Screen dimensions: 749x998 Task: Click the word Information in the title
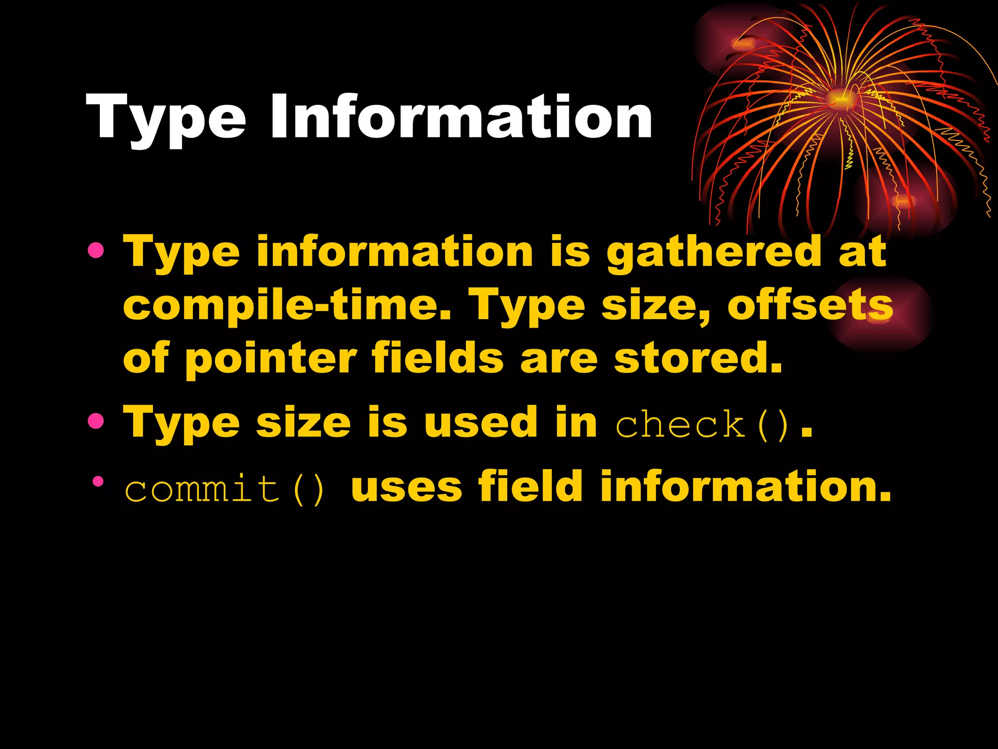click(461, 118)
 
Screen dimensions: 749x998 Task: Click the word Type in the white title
click(166, 119)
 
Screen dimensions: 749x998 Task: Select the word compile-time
click(288, 305)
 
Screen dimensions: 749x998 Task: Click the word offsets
click(810, 305)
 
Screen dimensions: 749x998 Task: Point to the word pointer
click(271, 359)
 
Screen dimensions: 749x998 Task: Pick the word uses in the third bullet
click(406, 487)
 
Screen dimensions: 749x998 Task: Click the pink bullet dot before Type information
click(96, 251)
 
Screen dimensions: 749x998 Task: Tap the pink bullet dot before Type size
click(96, 421)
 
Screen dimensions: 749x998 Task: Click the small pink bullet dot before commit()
click(98, 482)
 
